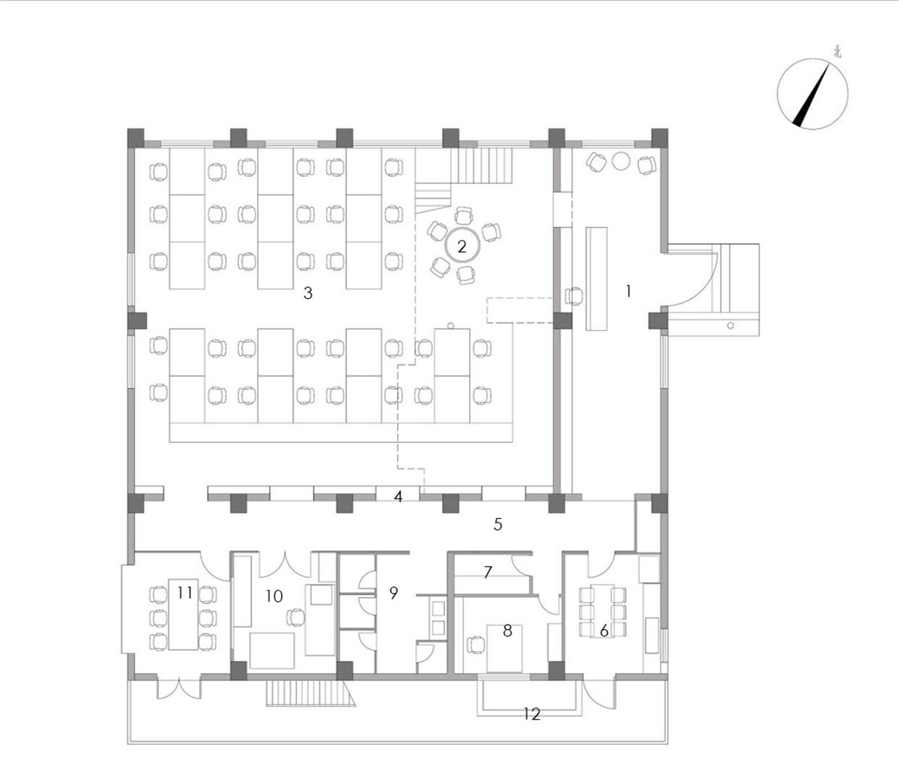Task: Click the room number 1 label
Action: click(x=628, y=291)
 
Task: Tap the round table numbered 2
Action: click(x=462, y=246)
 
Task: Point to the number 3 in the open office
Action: click(x=307, y=293)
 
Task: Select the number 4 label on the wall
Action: click(x=398, y=497)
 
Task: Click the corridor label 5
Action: click(x=498, y=524)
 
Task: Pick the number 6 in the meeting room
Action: click(x=604, y=631)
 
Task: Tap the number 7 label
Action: click(x=488, y=572)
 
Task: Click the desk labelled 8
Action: click(x=505, y=648)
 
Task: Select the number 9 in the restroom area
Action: click(x=393, y=593)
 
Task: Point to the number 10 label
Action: click(x=274, y=596)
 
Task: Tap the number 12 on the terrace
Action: click(x=532, y=714)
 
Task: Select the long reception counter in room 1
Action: click(x=597, y=279)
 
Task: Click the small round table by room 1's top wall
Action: click(x=621, y=161)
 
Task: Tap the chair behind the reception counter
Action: click(x=574, y=296)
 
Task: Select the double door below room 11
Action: click(x=179, y=689)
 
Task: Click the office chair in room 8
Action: click(x=475, y=645)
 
